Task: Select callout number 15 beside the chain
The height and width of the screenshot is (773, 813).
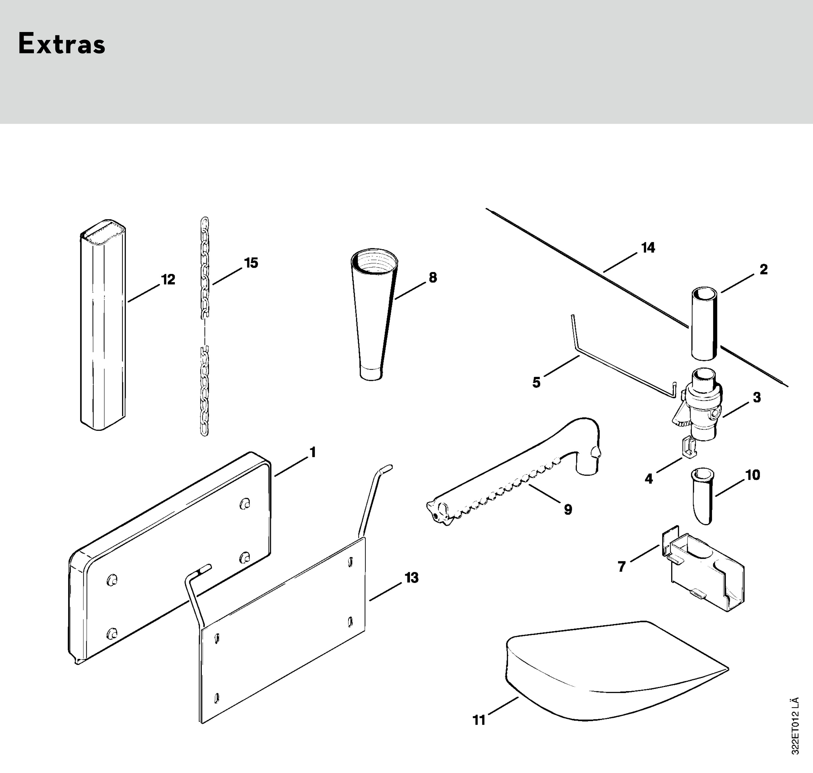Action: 251,263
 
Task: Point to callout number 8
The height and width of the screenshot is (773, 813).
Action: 433,278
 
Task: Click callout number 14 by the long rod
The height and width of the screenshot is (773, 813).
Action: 648,248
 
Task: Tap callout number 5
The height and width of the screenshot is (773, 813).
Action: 536,382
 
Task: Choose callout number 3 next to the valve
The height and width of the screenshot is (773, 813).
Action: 757,398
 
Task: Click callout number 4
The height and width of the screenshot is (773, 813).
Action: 649,479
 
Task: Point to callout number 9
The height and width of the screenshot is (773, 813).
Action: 568,510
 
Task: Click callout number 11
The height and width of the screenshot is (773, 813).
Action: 479,720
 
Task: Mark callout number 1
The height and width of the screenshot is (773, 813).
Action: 313,453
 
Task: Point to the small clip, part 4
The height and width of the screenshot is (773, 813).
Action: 689,447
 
